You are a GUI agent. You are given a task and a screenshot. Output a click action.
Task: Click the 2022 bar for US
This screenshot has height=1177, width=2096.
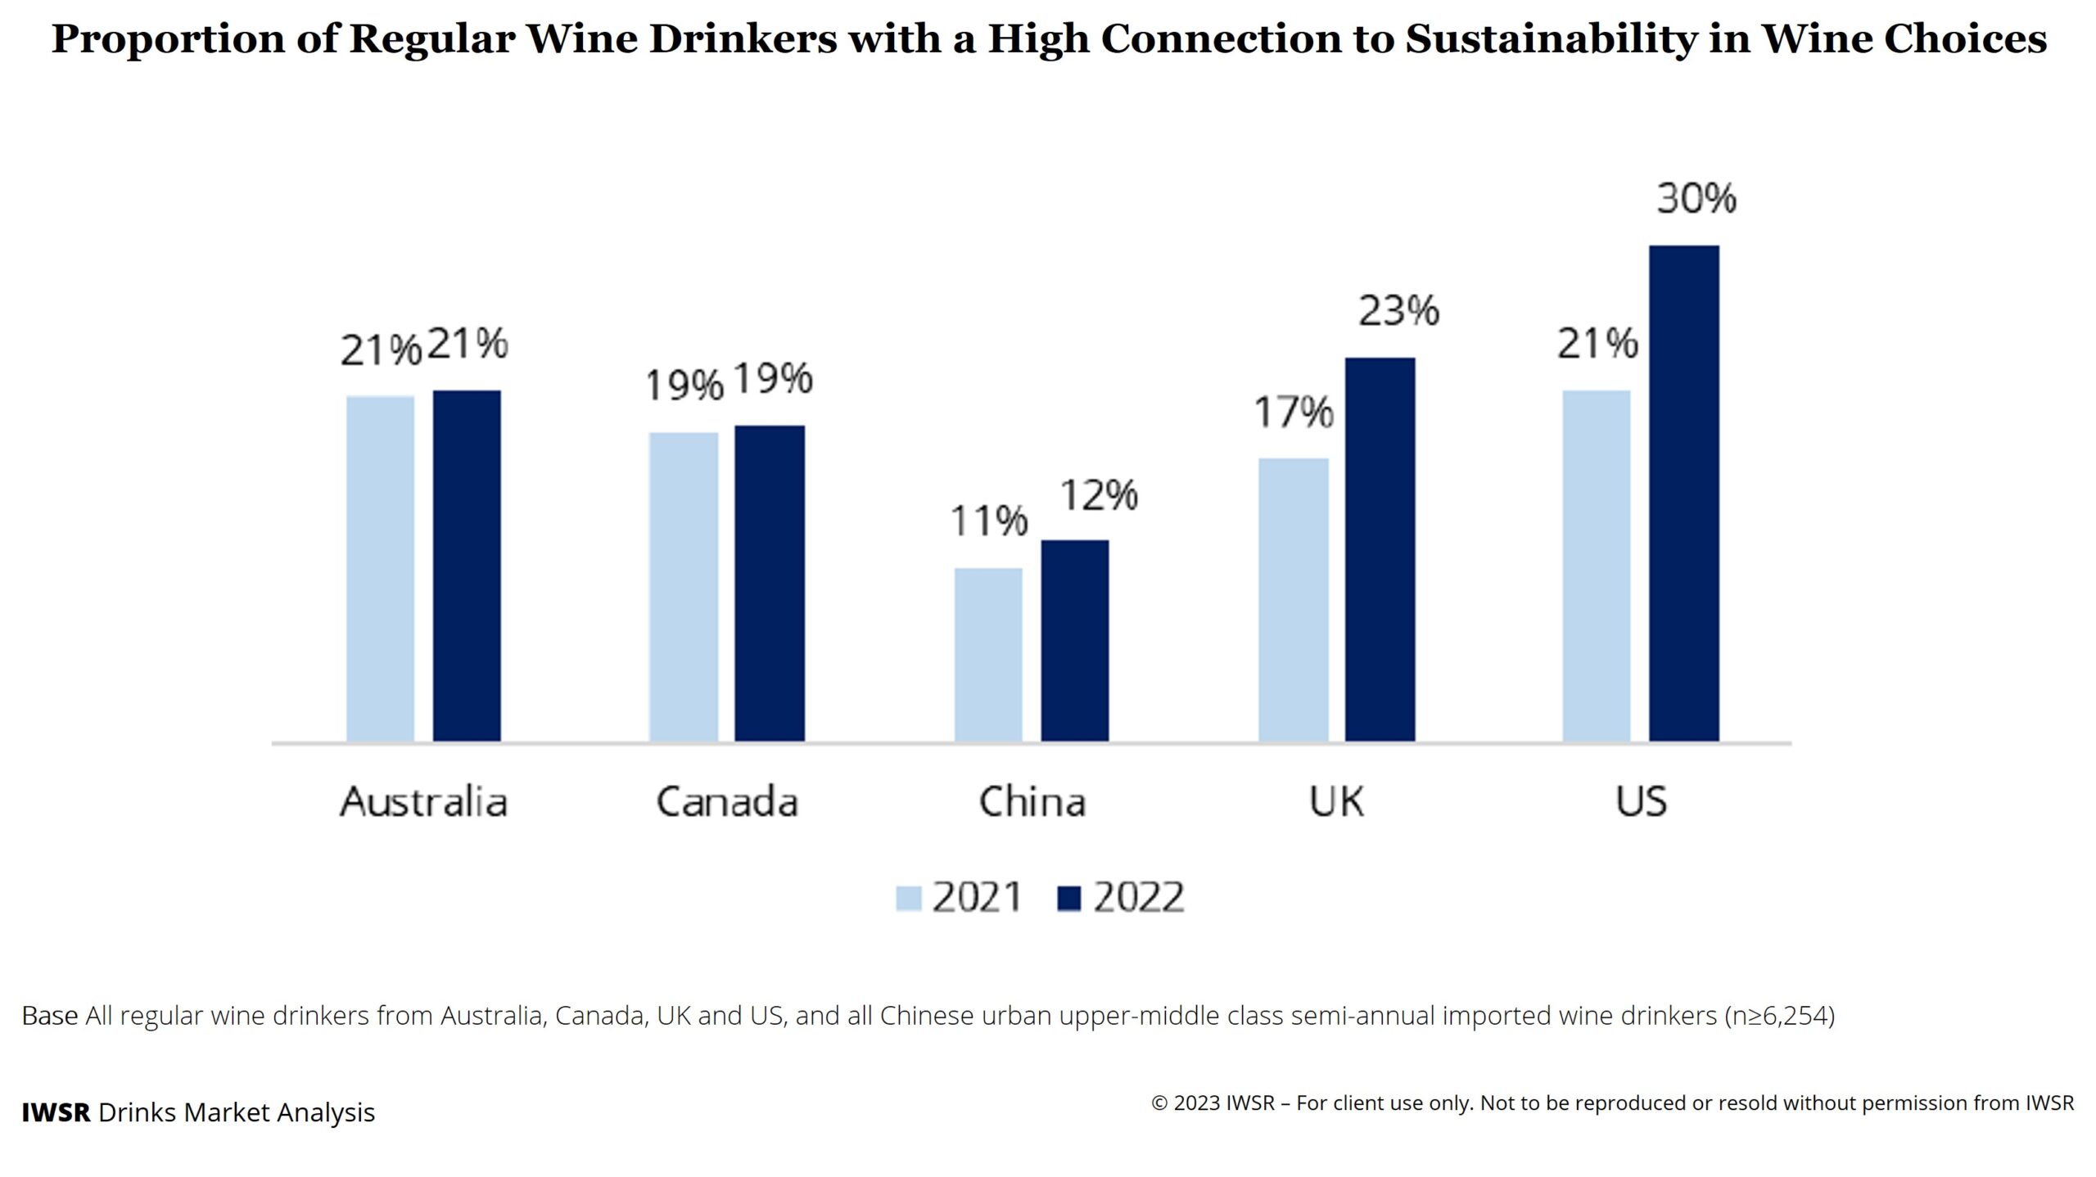tap(1683, 494)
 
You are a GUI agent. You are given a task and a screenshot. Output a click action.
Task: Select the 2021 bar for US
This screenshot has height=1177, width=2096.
tap(1596, 566)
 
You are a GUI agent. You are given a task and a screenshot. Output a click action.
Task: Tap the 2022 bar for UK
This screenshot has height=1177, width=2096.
tap(1380, 549)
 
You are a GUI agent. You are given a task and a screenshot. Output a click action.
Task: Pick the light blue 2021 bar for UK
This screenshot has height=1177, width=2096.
tap(1293, 600)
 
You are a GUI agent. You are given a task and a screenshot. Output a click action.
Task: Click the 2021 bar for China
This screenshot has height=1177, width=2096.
tap(988, 655)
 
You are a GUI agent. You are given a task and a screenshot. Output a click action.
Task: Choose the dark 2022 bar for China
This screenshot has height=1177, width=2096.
tap(1074, 641)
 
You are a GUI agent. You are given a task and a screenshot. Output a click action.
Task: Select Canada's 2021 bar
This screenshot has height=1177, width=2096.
tap(684, 587)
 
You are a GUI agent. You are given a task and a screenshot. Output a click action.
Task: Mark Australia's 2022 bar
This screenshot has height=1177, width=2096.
tap(467, 566)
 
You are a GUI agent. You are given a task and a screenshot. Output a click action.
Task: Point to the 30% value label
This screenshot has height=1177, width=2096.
tap(1696, 199)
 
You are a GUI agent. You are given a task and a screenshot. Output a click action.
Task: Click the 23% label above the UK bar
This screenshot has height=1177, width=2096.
tap(1398, 311)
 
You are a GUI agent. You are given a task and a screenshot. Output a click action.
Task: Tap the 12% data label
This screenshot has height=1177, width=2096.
tap(1099, 495)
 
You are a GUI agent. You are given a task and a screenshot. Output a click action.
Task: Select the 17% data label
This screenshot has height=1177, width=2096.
tap(1294, 412)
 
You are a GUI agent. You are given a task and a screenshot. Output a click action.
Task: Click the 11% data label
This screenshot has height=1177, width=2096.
tap(988, 521)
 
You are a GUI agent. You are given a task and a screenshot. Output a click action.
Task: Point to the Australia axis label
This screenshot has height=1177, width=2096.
tap(423, 801)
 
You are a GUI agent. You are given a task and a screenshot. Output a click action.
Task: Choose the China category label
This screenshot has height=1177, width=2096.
tap(1032, 801)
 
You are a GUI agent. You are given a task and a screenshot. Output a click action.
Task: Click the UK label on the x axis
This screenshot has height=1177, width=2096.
tap(1336, 801)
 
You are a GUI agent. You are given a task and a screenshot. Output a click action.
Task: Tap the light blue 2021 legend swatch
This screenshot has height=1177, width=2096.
tap(908, 898)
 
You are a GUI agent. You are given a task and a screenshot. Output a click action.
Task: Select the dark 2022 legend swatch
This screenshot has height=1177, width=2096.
tap(1068, 898)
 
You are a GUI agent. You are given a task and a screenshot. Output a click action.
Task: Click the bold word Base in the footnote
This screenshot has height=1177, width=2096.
tap(49, 1016)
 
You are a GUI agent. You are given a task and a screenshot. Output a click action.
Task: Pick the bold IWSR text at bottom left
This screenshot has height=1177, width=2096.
tap(56, 1112)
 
